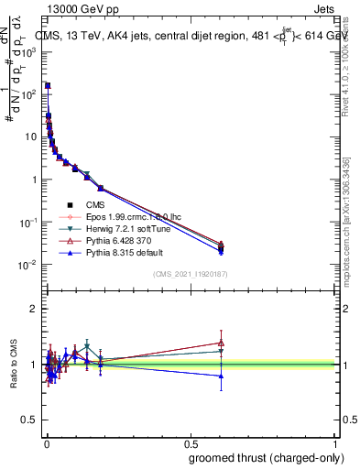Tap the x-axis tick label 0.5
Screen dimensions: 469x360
click(190, 442)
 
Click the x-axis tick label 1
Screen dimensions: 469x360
click(335, 442)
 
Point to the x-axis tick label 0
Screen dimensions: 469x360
click(45, 442)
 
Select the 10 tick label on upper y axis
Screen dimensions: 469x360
click(31, 136)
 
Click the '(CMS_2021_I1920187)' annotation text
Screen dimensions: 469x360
click(190, 273)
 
